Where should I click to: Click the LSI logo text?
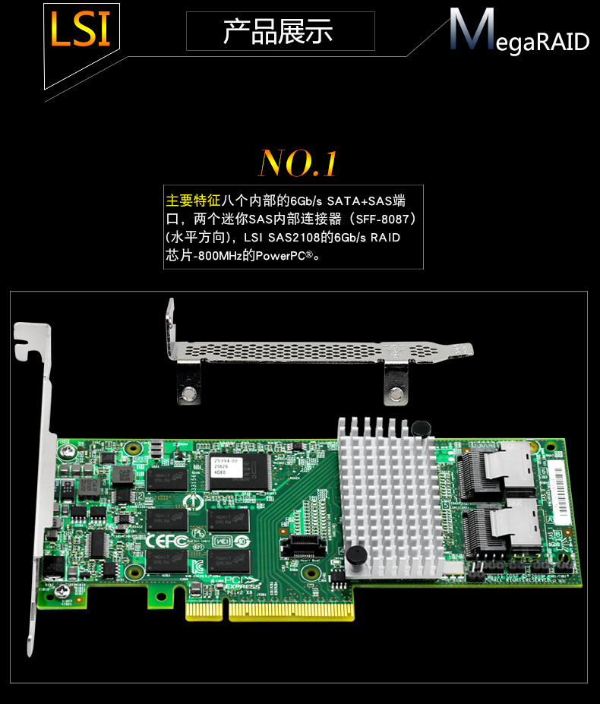(80, 29)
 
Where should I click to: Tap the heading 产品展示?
(279, 31)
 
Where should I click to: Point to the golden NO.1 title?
(298, 163)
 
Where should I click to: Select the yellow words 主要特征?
(193, 201)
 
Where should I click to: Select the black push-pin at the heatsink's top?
(417, 430)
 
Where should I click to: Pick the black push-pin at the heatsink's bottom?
(353, 557)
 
